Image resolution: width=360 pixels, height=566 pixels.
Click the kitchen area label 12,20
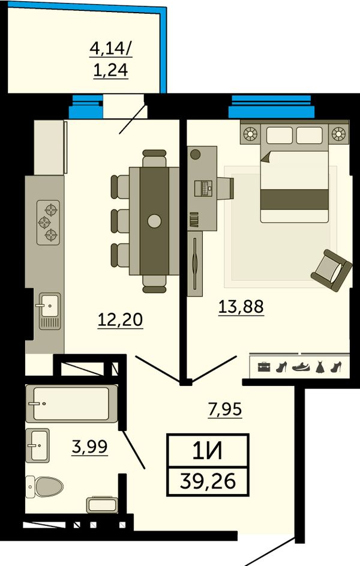[x=121, y=319]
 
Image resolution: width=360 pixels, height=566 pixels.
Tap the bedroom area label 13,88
[x=241, y=307]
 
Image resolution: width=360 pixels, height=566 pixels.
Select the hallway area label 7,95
[x=225, y=409]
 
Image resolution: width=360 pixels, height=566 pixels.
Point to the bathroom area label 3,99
[x=90, y=447]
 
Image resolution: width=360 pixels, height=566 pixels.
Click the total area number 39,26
[x=208, y=481]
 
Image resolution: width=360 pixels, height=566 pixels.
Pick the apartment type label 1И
[x=208, y=451]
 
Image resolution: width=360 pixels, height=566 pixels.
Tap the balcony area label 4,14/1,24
[x=111, y=59]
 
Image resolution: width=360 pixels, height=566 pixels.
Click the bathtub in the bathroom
[x=71, y=403]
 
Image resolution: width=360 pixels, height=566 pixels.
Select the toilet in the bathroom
[x=44, y=486]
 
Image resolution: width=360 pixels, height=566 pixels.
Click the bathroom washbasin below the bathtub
[x=38, y=445]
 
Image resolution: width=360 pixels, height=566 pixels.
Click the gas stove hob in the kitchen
[x=49, y=222]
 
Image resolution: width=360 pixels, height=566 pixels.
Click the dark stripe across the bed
[x=295, y=200]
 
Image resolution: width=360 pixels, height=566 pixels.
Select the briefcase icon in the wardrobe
[x=264, y=367]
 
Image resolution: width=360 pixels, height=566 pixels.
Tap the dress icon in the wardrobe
[x=320, y=367]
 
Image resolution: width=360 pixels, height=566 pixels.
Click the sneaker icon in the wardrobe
[x=301, y=367]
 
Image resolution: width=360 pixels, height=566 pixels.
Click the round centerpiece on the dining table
[x=154, y=220]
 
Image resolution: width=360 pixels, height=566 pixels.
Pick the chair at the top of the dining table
[x=154, y=158]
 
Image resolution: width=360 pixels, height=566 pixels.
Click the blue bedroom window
[x=271, y=106]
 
